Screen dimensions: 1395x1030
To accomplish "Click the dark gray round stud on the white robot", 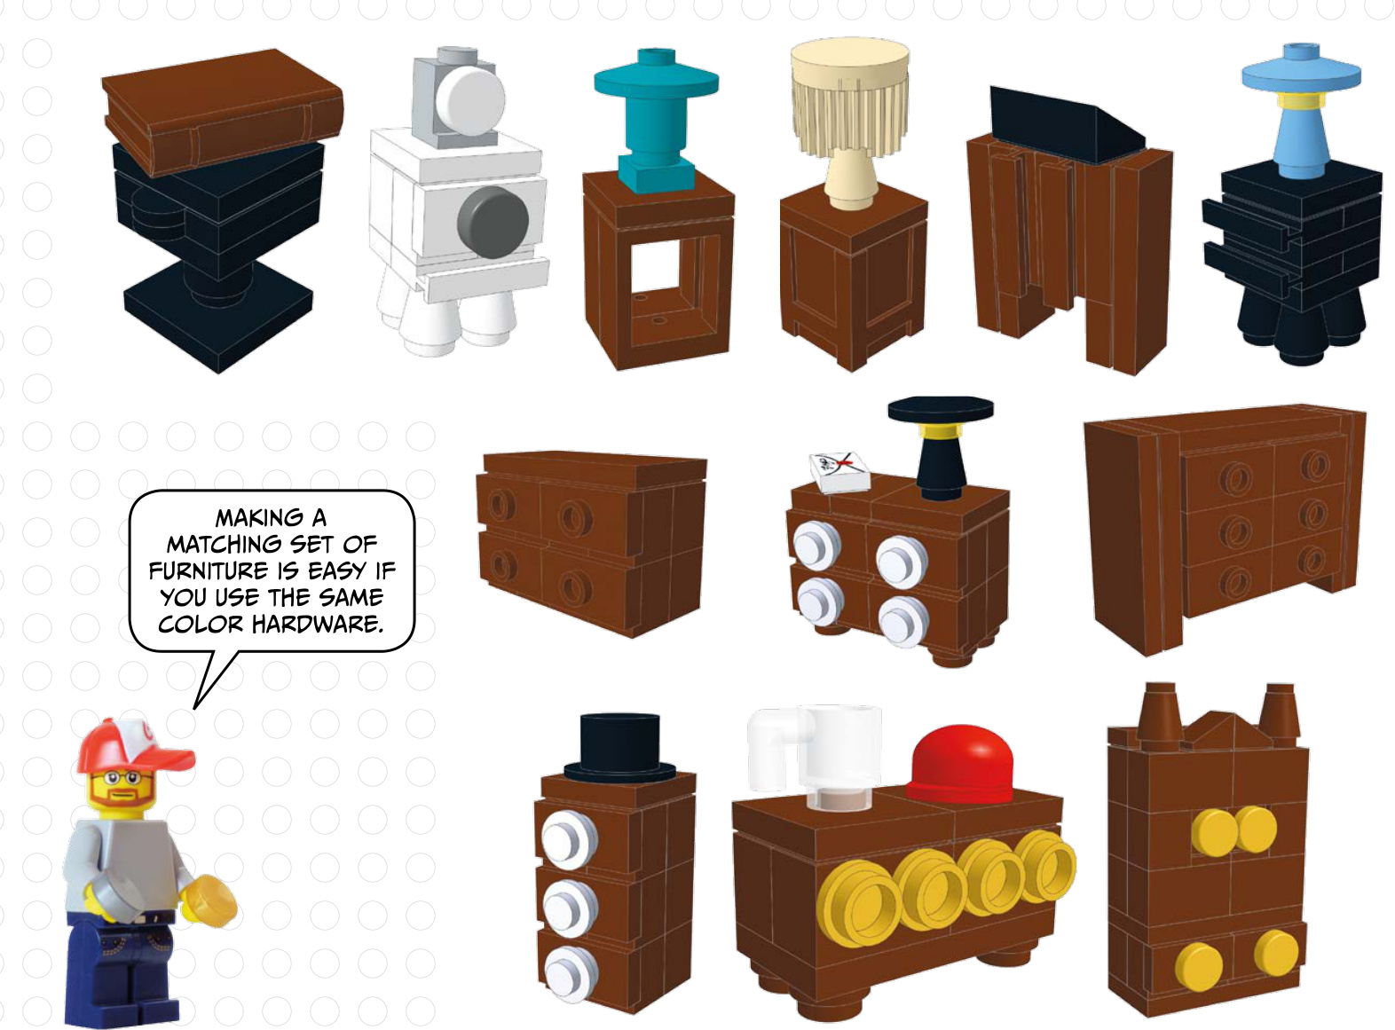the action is [x=493, y=223].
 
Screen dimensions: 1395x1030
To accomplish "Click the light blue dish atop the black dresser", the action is [x=1301, y=75].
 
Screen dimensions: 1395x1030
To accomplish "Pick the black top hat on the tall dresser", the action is [x=619, y=748].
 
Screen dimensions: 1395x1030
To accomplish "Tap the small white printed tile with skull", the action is [x=839, y=472].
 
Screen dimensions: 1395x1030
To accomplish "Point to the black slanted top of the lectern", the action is [x=1064, y=126].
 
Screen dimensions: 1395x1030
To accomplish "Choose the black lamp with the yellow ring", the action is [x=941, y=446].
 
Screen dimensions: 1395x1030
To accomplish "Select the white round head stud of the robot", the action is [x=469, y=100].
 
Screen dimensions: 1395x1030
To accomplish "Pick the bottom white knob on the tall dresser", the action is [x=569, y=974].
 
